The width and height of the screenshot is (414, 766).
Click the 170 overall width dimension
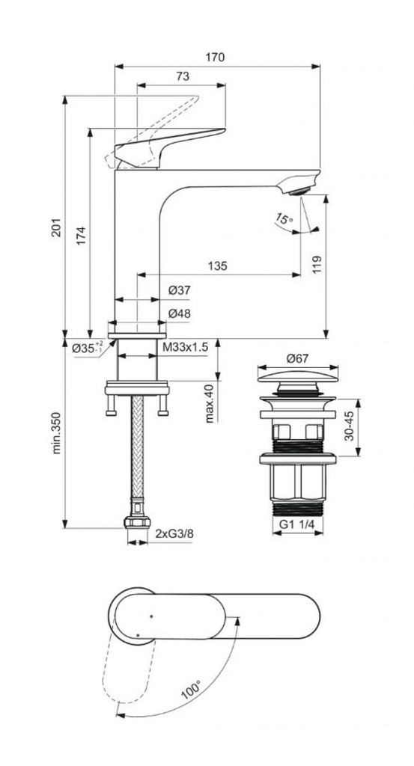tap(215, 57)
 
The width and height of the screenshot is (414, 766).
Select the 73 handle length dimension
tap(183, 77)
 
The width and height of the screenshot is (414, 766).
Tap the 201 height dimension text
tap(57, 227)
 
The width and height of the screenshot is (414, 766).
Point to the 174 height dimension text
tap(81, 236)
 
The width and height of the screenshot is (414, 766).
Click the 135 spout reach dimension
tap(218, 266)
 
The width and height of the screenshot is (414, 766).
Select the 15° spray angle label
tap(284, 218)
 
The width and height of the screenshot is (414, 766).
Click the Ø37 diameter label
tap(180, 291)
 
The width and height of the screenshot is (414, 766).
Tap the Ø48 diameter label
tap(180, 314)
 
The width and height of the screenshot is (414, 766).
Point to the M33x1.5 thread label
tap(186, 347)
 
